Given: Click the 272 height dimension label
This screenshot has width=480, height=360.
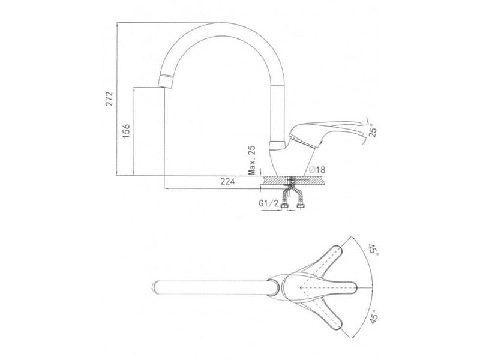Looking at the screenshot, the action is tap(109, 98).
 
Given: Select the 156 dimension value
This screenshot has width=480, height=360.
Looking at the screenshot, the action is tap(126, 131).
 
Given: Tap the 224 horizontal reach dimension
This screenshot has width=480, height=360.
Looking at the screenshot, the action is tap(228, 182).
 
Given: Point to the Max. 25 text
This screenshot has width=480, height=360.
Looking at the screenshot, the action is tap(252, 160).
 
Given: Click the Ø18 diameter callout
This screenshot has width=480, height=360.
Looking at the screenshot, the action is tap(317, 170).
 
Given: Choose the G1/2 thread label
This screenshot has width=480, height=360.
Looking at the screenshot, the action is tap(269, 203).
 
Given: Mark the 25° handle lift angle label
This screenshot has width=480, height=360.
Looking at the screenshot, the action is tap(373, 130).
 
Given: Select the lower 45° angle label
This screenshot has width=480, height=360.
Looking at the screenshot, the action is tap(374, 316).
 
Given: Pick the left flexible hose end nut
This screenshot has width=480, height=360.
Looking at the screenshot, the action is tap(285, 206).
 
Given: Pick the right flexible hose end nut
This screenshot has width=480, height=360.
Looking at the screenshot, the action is tap(301, 206).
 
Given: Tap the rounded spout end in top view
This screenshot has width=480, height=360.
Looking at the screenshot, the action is tap(155, 288).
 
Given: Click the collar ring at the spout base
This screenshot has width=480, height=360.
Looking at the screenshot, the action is tap(277, 145).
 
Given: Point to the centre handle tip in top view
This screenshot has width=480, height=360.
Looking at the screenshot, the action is tap(355, 288).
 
